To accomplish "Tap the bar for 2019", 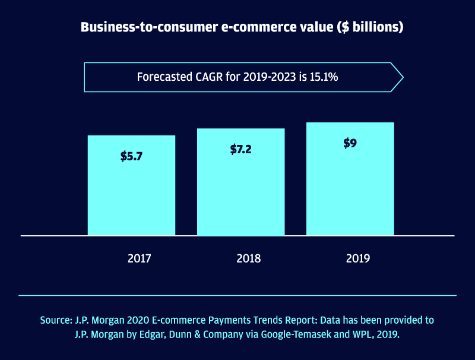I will pyautogui.click(x=350, y=190).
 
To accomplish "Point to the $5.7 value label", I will pyautogui.click(x=132, y=157).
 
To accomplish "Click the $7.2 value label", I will pyautogui.click(x=241, y=149).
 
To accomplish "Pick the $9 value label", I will pyautogui.click(x=350, y=143).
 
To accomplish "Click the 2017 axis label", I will pyautogui.click(x=139, y=258).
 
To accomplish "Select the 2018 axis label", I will pyautogui.click(x=248, y=258).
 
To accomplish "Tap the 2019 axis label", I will pyautogui.click(x=357, y=258).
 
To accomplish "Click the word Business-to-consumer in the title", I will pyautogui.click(x=138, y=28).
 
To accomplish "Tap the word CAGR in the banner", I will pyautogui.click(x=208, y=77).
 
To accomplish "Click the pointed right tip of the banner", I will pyautogui.click(x=402, y=77).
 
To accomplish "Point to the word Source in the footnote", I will pyautogui.click(x=56, y=320).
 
